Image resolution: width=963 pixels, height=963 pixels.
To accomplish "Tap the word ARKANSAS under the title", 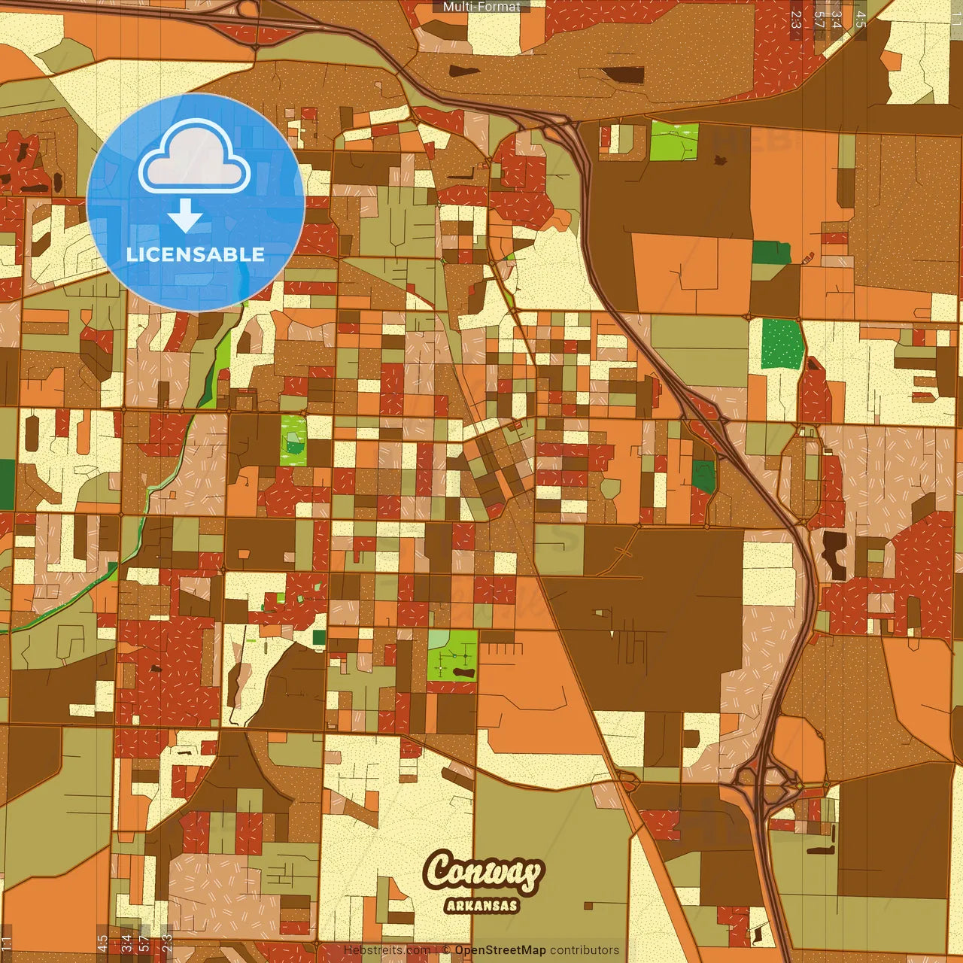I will (x=482, y=905).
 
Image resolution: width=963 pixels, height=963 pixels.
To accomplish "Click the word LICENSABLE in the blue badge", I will (x=196, y=254).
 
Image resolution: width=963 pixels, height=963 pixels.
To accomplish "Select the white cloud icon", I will (x=195, y=159).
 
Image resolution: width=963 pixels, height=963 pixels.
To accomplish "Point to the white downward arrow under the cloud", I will (x=185, y=215).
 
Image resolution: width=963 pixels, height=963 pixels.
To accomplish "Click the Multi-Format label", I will (x=481, y=7).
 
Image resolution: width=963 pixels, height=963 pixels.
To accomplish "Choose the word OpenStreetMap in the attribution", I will (x=500, y=950).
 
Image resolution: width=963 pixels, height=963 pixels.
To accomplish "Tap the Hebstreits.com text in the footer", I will (x=387, y=950).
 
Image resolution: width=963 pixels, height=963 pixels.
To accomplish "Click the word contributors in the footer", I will (x=585, y=950).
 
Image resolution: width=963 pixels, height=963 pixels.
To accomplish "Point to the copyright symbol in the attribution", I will (x=445, y=950).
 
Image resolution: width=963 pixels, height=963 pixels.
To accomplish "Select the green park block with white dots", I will (x=782, y=343).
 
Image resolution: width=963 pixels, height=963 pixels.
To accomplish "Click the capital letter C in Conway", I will (x=439, y=869).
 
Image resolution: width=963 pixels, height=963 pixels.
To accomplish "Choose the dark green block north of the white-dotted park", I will (x=771, y=252).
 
